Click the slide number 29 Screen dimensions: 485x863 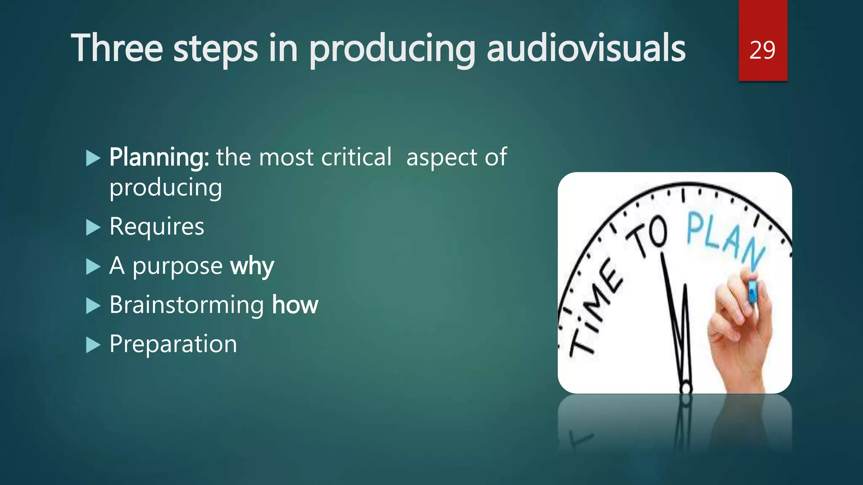[762, 51]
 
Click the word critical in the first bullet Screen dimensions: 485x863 [356, 157]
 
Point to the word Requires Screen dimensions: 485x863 [157, 227]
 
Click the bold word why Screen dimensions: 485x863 [252, 266]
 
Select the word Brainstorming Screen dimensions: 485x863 [187, 305]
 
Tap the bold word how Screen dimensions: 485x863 [295, 305]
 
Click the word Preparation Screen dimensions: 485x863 [173, 344]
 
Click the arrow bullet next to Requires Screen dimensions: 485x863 [93, 228]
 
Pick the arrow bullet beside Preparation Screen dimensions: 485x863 [93, 345]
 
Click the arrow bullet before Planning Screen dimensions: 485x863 [93, 159]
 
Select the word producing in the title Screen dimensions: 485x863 [392, 50]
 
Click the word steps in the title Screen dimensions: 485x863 [215, 50]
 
